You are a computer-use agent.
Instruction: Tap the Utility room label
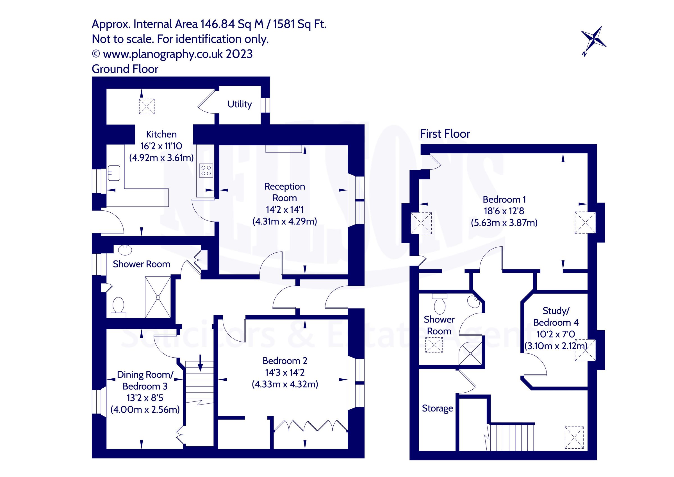pyautogui.click(x=240, y=104)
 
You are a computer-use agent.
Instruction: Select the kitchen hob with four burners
pyautogui.click(x=206, y=171)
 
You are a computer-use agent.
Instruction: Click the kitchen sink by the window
pyautogui.click(x=114, y=173)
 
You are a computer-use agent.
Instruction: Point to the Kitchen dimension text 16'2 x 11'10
pyautogui.click(x=161, y=146)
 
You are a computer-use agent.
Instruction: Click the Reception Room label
pyautogui.click(x=284, y=192)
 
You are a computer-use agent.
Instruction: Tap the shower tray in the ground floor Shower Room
pyautogui.click(x=158, y=297)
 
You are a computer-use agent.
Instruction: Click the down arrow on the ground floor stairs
pyautogui.click(x=200, y=363)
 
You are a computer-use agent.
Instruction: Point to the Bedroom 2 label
pyautogui.click(x=285, y=361)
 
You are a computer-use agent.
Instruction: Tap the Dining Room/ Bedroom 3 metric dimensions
pyautogui.click(x=145, y=410)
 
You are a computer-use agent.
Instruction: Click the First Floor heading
pyautogui.click(x=445, y=134)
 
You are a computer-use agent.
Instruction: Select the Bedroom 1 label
pyautogui.click(x=504, y=199)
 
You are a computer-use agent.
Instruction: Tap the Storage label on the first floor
pyautogui.click(x=437, y=408)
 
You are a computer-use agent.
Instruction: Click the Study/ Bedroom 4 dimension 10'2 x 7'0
pyautogui.click(x=556, y=334)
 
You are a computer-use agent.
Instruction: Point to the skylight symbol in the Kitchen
pyautogui.click(x=147, y=106)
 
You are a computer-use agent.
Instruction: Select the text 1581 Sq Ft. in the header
pyautogui.click(x=299, y=24)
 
